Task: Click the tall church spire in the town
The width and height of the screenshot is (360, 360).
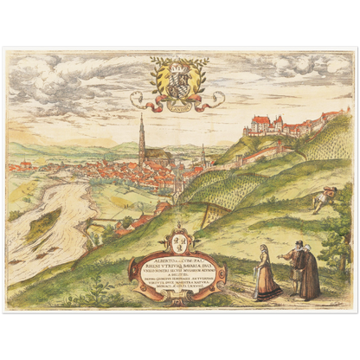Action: coord(141,138)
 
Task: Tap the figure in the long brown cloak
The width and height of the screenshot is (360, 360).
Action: coord(309,275)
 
